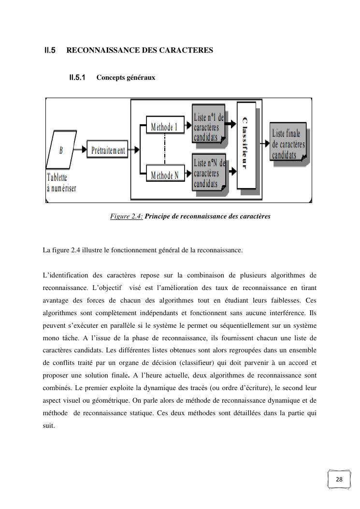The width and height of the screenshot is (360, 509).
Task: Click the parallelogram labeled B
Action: coord(61,150)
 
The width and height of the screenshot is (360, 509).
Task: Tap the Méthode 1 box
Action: coord(164,127)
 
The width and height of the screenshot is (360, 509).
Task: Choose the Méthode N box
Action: coord(164,175)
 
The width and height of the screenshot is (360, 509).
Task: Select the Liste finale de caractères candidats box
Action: coord(288,144)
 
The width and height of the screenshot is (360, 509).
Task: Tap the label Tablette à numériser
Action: coord(61,183)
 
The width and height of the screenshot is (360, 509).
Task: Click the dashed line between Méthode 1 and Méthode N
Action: coord(165,151)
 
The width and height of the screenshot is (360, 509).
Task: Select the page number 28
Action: coord(339,479)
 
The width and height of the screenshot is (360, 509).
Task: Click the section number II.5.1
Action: coord(77,77)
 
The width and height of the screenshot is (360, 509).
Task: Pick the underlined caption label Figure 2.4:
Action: coord(126,217)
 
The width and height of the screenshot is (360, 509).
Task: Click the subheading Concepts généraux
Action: coord(126,77)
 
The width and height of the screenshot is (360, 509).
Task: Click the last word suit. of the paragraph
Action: coord(49,425)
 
